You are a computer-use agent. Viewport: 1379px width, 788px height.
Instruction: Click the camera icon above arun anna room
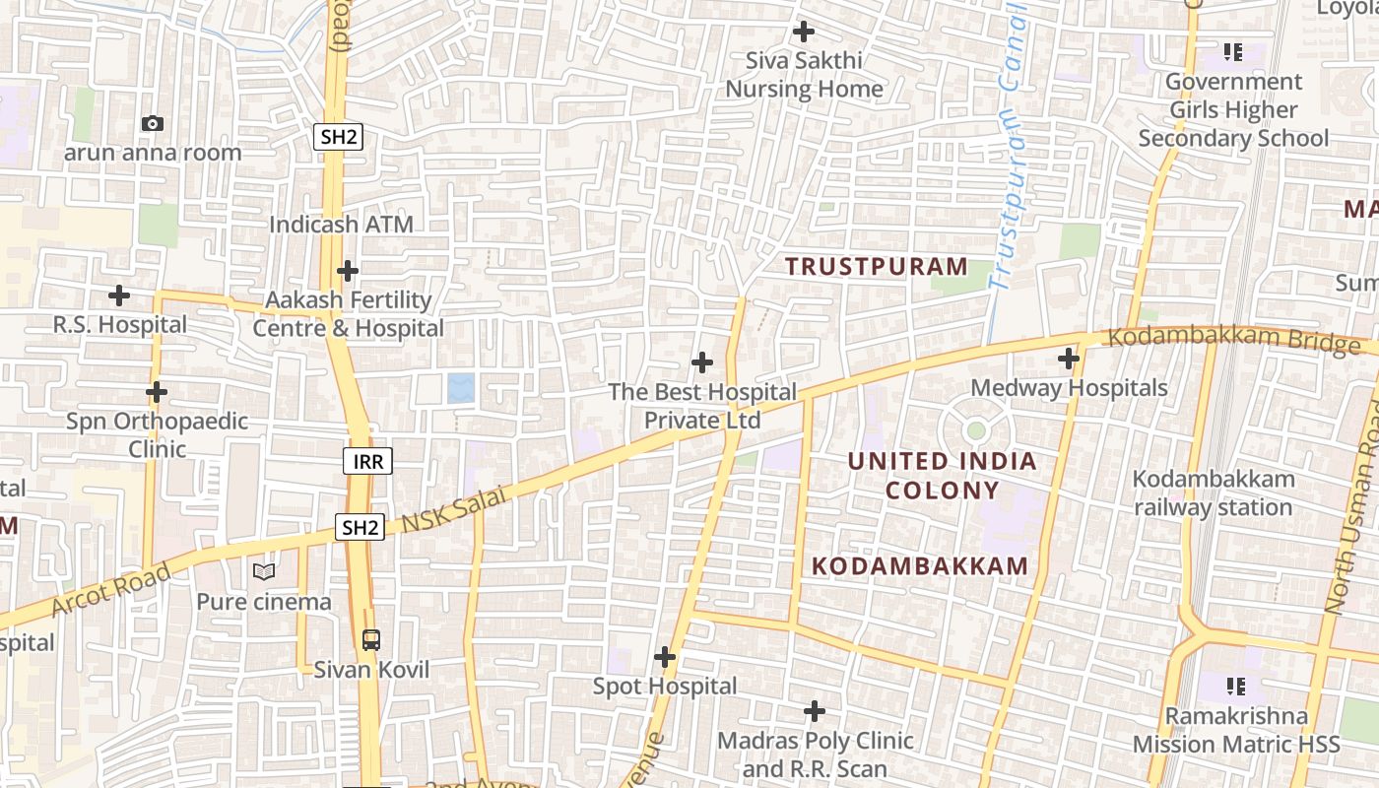tap(152, 123)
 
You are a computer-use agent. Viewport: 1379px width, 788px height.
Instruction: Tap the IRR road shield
tap(367, 460)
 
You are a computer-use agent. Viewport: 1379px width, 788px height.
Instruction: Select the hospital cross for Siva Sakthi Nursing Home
tap(804, 32)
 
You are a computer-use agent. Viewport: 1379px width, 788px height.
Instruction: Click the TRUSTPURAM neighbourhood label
tap(877, 266)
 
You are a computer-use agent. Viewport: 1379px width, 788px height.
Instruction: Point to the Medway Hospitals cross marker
tap(1069, 359)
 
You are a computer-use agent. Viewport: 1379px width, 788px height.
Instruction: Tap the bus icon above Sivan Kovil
tap(370, 639)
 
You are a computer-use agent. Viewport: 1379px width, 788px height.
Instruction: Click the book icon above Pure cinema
tap(263, 571)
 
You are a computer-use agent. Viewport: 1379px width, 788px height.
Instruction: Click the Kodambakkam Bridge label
tap(1234, 340)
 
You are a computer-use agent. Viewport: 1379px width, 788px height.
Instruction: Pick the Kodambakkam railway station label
tap(1213, 493)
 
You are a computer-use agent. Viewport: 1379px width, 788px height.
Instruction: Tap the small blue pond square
tap(460, 387)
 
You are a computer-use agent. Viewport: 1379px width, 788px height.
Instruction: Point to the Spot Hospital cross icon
tap(665, 656)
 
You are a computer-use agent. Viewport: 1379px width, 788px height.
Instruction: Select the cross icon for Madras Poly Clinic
tap(815, 710)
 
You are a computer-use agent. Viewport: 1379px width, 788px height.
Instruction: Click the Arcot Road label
tap(110, 589)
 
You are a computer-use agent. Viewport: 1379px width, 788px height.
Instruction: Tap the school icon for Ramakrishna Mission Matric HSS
tap(1235, 686)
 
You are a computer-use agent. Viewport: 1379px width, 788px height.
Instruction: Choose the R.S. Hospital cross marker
tap(119, 295)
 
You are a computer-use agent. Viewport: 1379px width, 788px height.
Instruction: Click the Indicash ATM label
tap(341, 225)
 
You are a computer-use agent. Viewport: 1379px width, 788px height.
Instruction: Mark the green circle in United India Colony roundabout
tap(975, 430)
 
